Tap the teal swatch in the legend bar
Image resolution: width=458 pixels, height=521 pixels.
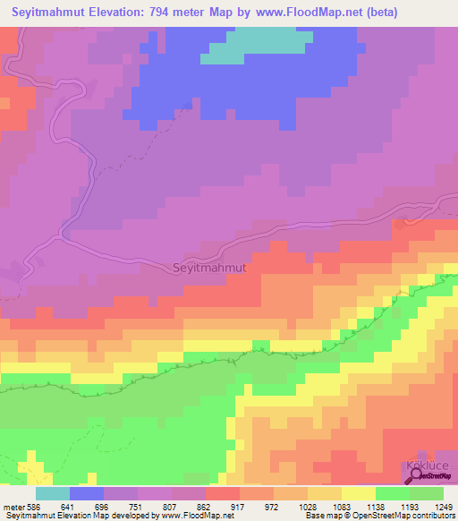52,493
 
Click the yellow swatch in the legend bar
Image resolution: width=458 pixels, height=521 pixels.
358,493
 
